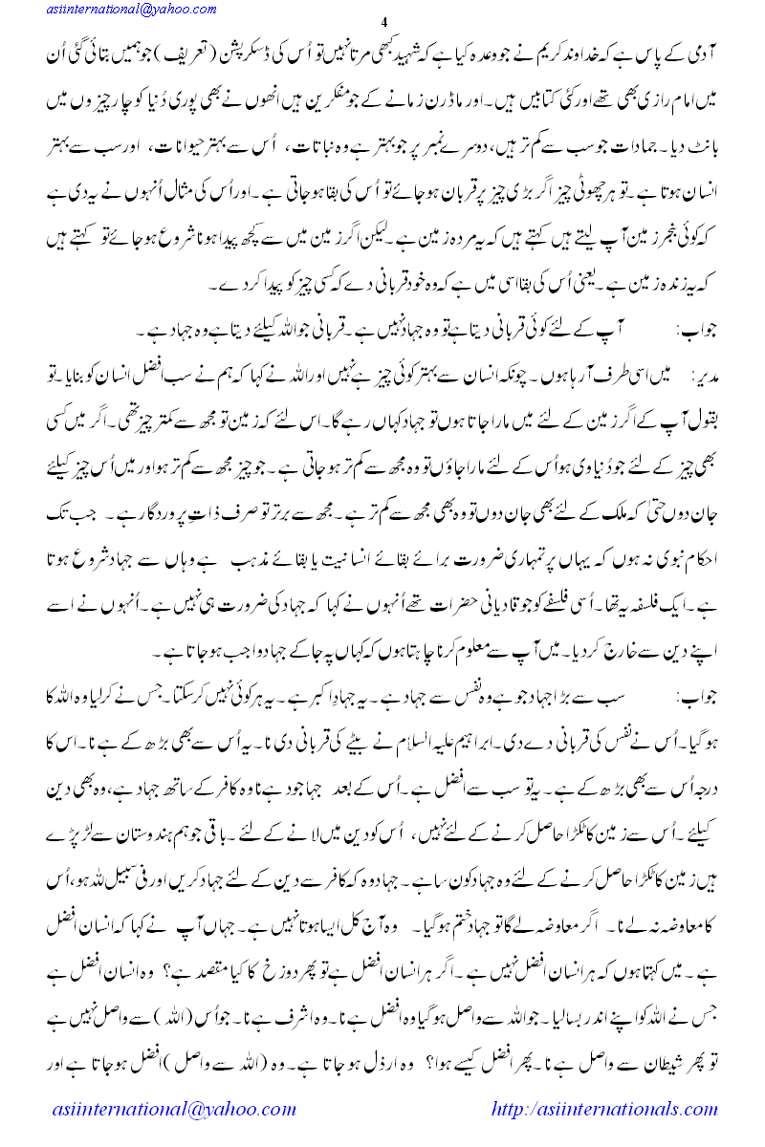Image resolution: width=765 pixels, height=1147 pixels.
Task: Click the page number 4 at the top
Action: pyautogui.click(x=382, y=23)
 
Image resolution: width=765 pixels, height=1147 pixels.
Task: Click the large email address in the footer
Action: pyautogui.click(x=174, y=1110)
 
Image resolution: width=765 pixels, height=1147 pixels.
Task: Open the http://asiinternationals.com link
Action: pyautogui.click(x=604, y=1110)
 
